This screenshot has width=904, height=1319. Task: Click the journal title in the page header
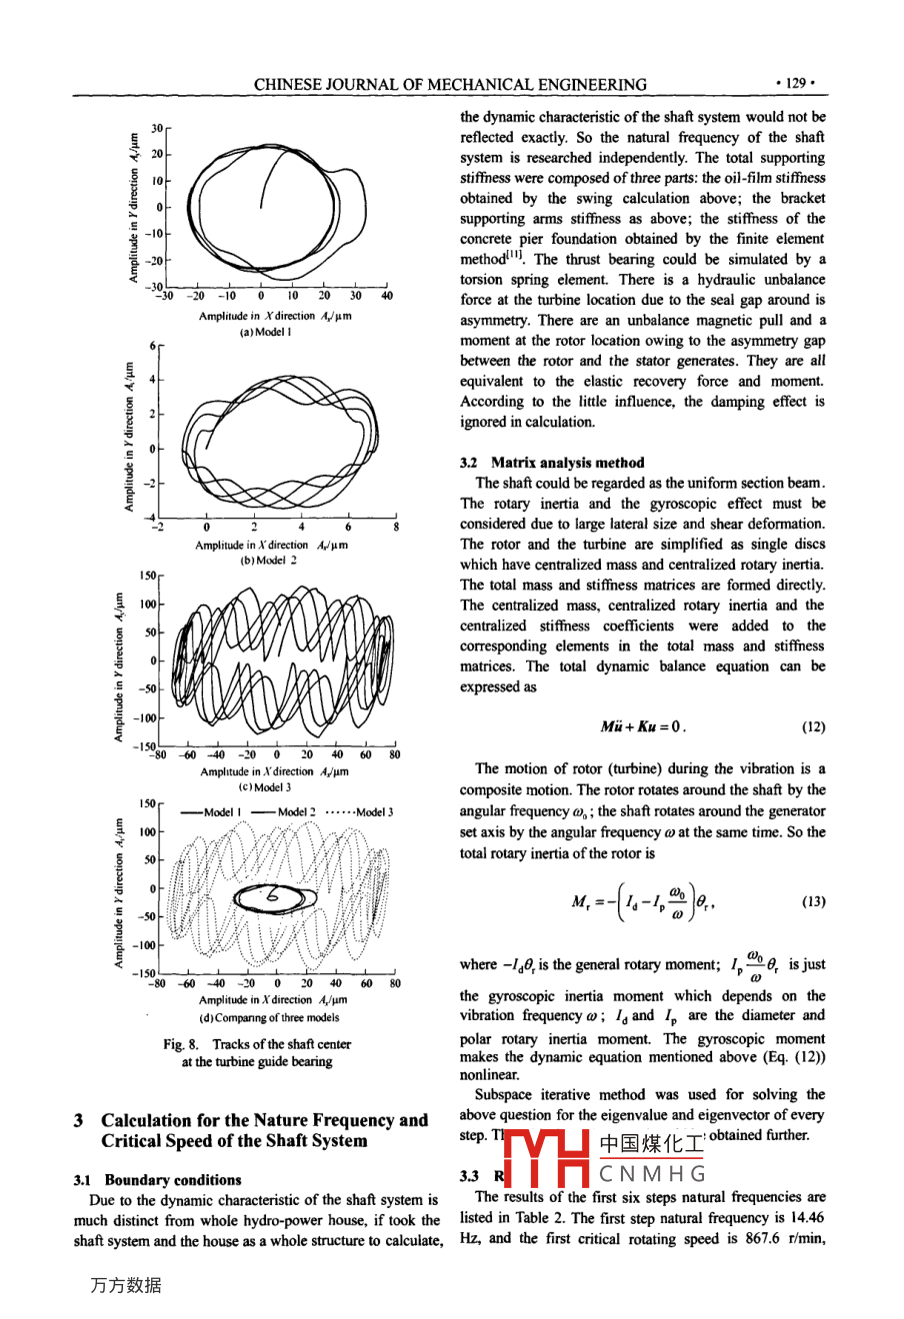pos(449,85)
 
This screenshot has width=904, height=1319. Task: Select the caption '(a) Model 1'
pos(265,332)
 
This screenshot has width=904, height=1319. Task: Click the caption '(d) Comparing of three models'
pos(269,1017)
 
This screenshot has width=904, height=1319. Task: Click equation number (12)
pos(813,726)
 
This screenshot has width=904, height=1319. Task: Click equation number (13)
pos(813,901)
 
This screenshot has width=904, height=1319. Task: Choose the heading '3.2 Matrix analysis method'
pos(552,463)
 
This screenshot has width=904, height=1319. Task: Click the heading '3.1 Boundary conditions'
pos(158,1180)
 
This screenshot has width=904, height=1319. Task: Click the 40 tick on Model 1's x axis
pos(387,296)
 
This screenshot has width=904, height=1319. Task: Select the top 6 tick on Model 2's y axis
pos(153,346)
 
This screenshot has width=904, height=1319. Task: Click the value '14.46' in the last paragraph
pos(808,1218)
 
